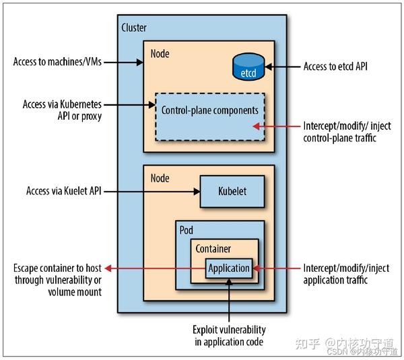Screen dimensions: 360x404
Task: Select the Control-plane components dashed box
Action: (x=209, y=116)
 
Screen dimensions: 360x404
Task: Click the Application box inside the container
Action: (x=229, y=268)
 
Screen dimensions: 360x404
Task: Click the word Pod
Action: (x=187, y=229)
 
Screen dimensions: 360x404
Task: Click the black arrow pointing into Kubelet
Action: (x=151, y=191)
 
